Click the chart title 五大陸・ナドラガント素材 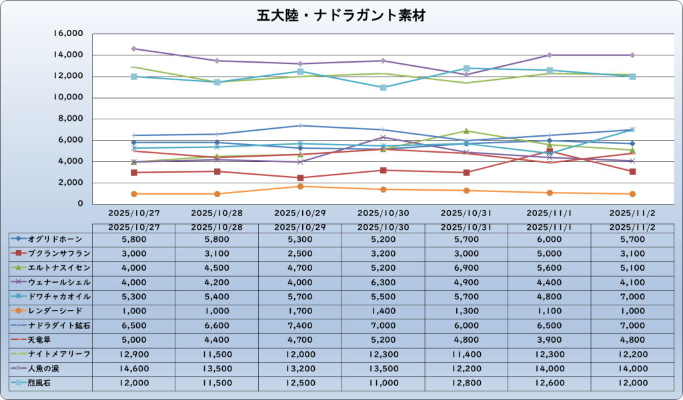click(341, 15)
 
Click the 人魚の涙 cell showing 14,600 click(133, 367)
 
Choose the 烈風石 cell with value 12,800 click(466, 382)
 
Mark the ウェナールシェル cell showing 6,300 click(383, 281)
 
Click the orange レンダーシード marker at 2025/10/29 click(300, 186)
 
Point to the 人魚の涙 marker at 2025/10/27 click(134, 49)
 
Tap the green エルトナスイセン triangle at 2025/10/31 click(466, 131)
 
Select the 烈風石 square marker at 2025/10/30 click(383, 87)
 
